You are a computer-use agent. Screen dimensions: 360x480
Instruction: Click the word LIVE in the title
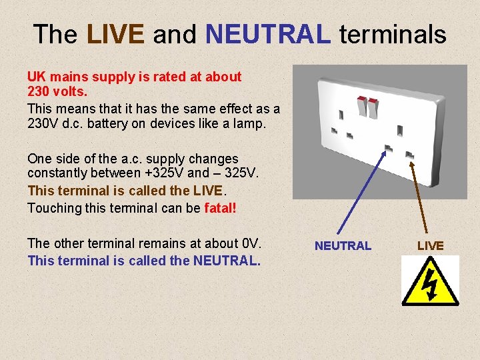click(x=115, y=34)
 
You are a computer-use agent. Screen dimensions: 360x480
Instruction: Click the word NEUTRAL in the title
click(x=268, y=34)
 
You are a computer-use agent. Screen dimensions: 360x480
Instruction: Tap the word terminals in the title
click(x=393, y=34)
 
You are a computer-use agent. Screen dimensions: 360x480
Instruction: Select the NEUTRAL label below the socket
click(x=343, y=246)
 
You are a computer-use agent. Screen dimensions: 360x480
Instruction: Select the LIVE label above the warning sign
click(x=430, y=246)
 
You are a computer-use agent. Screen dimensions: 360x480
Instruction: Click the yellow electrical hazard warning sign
click(x=430, y=281)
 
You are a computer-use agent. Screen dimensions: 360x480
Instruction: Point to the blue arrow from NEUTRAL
click(x=364, y=193)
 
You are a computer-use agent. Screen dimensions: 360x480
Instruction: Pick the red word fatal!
click(x=220, y=208)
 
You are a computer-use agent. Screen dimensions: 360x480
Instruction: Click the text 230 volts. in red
click(x=57, y=91)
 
